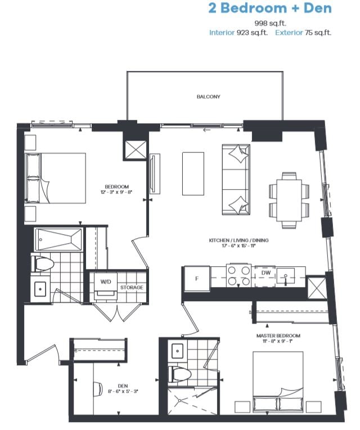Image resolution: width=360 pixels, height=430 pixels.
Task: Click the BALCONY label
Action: (208, 97)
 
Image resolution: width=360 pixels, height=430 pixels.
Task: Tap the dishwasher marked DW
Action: (265, 276)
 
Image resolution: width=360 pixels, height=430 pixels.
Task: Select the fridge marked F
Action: (197, 278)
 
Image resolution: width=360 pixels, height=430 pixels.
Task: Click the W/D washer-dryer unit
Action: (106, 285)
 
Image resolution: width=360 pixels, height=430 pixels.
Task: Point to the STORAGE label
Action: (132, 288)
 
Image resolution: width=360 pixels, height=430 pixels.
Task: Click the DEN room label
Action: (123, 386)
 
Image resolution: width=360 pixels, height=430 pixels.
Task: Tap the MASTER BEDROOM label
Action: (278, 335)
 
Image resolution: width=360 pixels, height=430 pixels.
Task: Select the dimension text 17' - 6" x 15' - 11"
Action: (238, 246)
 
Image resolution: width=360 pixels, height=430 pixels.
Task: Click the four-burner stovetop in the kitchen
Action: (238, 276)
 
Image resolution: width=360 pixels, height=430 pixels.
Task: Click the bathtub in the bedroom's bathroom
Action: (58, 240)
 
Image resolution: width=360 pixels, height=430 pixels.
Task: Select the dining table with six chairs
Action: (289, 200)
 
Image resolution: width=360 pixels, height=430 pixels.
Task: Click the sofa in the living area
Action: (236, 180)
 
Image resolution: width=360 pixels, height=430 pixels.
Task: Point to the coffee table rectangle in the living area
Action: (193, 174)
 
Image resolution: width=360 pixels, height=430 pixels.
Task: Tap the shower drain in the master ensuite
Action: (179, 400)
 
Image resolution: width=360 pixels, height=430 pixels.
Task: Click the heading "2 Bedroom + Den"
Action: (270, 8)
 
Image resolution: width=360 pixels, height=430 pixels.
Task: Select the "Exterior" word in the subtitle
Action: (289, 33)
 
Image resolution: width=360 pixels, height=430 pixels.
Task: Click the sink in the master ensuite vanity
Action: (178, 351)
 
